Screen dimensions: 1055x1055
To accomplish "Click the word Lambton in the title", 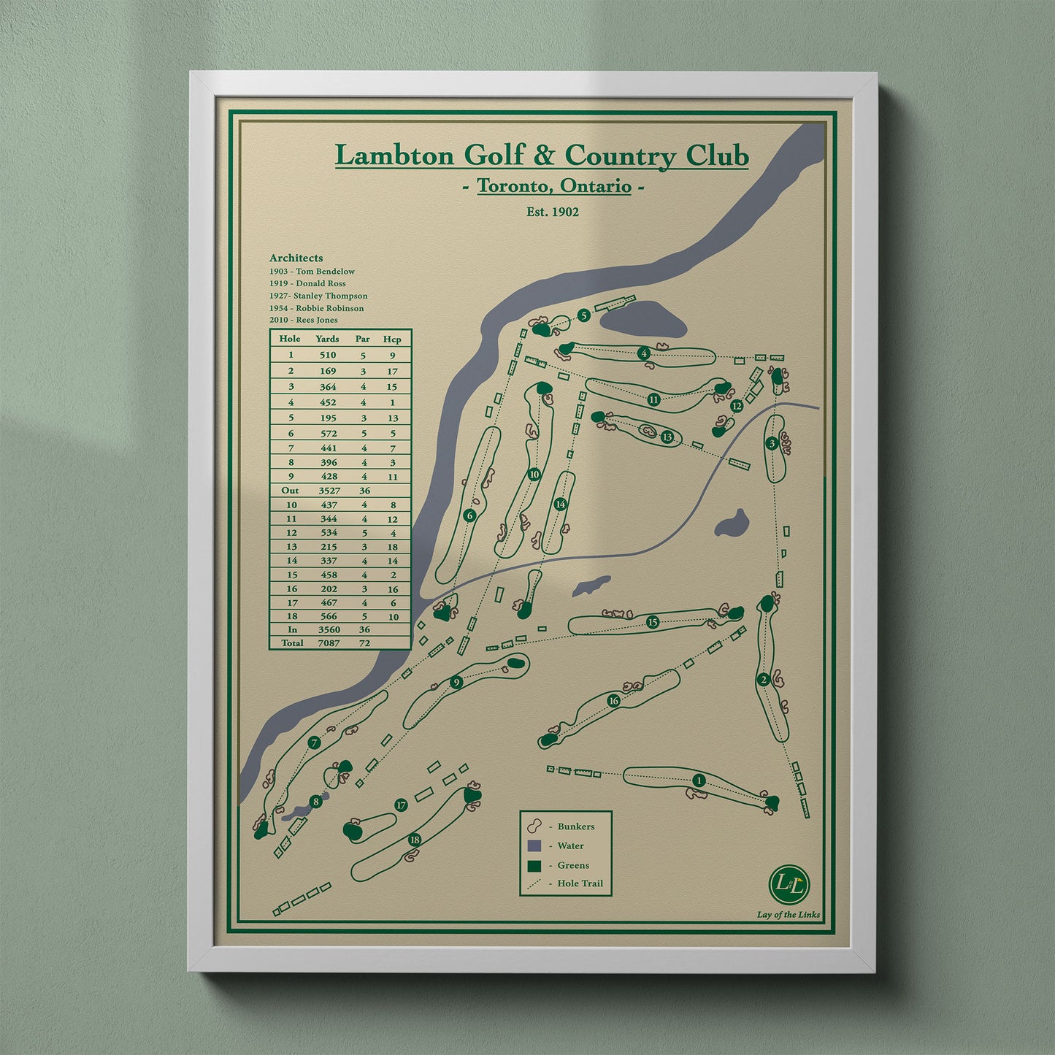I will (394, 156).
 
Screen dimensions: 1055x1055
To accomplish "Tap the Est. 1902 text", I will (553, 212).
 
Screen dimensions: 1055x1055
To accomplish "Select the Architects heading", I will (296, 258).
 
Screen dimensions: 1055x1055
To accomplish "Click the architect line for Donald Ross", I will (307, 283).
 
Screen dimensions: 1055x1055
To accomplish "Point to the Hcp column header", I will (392, 339).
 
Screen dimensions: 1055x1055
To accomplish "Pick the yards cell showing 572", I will (328, 433).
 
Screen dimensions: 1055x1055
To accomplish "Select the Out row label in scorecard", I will (290, 491).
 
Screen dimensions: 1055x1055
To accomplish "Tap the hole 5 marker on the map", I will (583, 315).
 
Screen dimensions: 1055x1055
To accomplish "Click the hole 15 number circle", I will (653, 622).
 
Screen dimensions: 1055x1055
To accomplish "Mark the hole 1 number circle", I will (699, 780).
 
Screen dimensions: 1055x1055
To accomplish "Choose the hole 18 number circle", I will (415, 840).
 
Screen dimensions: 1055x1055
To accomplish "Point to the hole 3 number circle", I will (772, 443).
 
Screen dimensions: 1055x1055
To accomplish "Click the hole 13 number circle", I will (667, 437).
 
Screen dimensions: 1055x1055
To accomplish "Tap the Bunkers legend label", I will (575, 826).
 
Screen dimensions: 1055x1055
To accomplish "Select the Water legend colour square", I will (534, 845).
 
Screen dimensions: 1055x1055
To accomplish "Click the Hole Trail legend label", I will (580, 883).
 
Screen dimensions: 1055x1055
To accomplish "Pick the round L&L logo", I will (789, 883).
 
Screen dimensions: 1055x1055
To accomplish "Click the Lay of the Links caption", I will (788, 915).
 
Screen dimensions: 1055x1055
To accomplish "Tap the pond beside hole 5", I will (645, 319).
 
